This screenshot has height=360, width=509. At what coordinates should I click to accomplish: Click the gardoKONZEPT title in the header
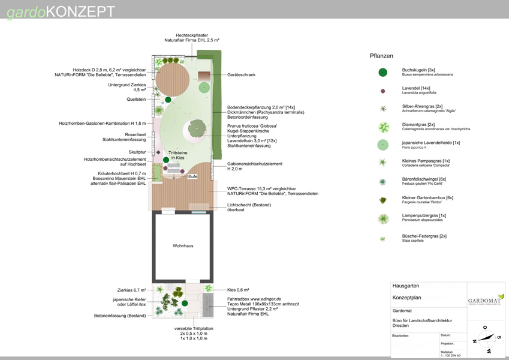pos(61,11)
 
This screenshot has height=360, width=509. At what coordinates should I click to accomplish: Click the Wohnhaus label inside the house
pos(183,246)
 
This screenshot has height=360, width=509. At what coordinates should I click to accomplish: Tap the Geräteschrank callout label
pos(242,75)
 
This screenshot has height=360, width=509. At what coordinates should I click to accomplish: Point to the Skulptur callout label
pos(137,152)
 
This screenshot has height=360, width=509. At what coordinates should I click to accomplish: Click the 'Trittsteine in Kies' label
pos(177,155)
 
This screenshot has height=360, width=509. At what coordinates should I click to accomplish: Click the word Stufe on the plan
pos(192,177)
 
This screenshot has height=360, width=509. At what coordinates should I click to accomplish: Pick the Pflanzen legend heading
pos(381,56)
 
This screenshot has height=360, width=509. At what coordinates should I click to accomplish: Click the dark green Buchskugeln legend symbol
pos(382,73)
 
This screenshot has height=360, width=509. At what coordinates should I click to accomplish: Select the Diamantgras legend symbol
pos(383,127)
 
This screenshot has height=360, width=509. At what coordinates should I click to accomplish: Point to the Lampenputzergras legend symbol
pos(383,219)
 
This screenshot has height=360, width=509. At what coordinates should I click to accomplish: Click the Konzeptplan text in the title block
pos(407,297)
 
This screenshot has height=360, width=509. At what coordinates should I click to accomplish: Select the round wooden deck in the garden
pos(173,80)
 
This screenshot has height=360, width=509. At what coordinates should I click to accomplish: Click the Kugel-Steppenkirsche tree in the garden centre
pos(197,128)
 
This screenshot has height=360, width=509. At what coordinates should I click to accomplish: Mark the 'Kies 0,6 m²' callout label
pos(238,289)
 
